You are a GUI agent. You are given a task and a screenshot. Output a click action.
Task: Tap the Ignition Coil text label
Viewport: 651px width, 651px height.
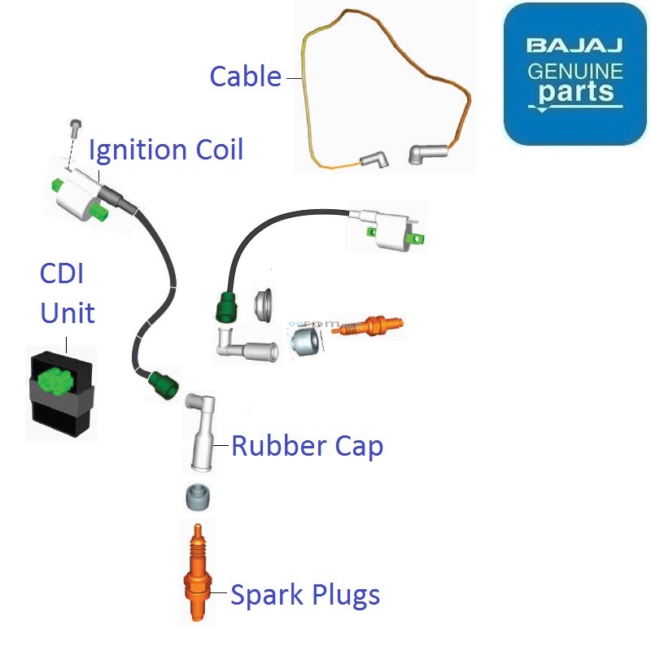click(x=166, y=150)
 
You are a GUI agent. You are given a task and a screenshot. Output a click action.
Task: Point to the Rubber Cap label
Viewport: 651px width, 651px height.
click(x=307, y=446)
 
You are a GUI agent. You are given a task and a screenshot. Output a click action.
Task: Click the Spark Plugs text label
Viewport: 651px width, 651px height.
click(x=305, y=595)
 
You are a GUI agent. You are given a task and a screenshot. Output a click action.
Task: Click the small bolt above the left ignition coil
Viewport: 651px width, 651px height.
click(x=76, y=128)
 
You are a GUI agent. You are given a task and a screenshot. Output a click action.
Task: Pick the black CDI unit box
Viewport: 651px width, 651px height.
click(x=61, y=395)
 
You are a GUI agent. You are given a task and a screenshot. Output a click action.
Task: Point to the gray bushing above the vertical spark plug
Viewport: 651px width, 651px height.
click(x=198, y=496)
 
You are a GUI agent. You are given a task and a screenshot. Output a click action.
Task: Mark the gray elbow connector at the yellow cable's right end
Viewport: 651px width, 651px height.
click(x=427, y=152)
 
